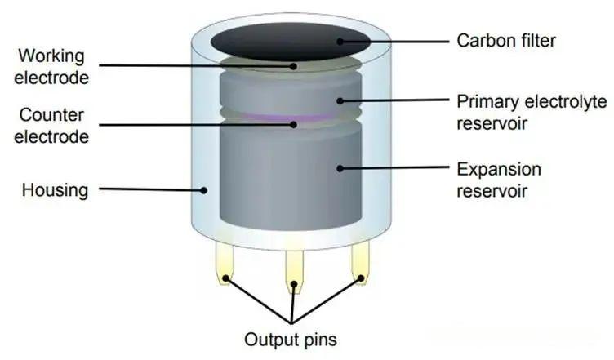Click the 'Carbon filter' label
point(506,41)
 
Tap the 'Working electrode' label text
point(51,67)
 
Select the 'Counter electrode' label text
point(51,126)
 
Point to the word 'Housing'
point(55,190)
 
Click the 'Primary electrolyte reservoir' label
point(532,113)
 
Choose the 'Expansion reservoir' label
point(499,180)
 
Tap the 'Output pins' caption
point(291,340)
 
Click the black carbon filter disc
point(291,42)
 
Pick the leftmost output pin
point(225,262)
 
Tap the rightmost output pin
point(360,262)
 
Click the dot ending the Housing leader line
point(203,190)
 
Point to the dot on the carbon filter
point(340,41)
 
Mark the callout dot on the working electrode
point(293,66)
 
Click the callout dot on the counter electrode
point(293,125)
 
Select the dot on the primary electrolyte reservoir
point(340,101)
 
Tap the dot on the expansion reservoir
point(340,169)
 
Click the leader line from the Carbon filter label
point(394,41)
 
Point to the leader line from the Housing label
point(151,189)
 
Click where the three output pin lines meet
point(291,322)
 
